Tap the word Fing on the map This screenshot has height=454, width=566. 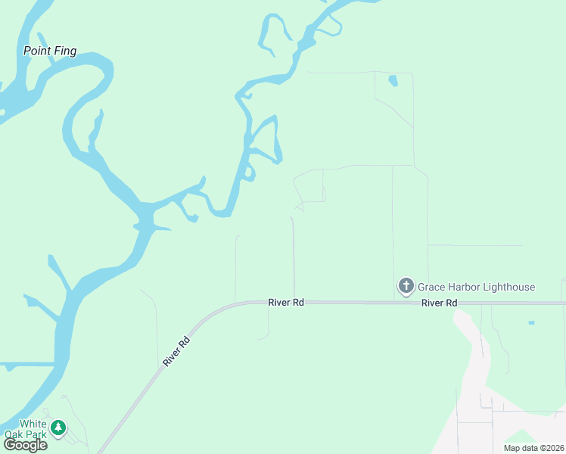[64, 51]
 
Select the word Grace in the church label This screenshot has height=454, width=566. [431, 288]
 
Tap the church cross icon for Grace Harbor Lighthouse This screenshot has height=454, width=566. [406, 286]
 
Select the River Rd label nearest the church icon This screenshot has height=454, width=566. [440, 303]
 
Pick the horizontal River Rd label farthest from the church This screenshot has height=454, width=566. [286, 302]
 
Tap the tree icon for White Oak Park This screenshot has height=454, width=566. [58, 429]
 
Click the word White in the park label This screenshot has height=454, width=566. [33, 424]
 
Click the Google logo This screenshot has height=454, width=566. [25, 445]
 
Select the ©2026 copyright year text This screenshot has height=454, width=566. [551, 448]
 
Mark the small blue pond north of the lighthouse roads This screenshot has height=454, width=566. [392, 80]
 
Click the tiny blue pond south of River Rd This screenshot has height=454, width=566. [531, 323]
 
